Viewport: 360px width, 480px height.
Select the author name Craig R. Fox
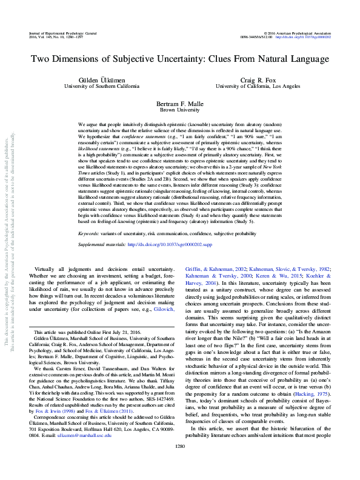[258, 80]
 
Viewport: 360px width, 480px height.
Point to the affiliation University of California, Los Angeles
[258, 87]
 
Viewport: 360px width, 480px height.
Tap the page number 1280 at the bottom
[179, 462]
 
